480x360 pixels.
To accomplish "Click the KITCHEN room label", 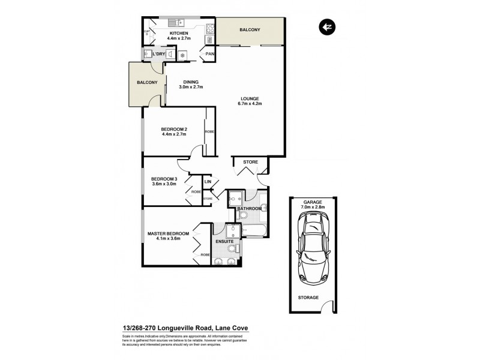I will (x=179, y=33).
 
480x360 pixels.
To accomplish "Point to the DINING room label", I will (x=191, y=82).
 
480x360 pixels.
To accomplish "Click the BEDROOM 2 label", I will (x=174, y=128).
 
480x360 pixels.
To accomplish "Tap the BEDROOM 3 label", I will (x=164, y=179).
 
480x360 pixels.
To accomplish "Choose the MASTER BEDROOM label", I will (x=169, y=233).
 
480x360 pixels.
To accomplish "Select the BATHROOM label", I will (x=250, y=208).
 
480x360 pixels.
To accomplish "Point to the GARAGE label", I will (x=313, y=203).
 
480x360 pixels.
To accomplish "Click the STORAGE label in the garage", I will (x=308, y=297).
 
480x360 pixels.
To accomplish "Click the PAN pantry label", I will (x=209, y=54).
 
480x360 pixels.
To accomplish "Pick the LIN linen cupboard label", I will (x=208, y=182).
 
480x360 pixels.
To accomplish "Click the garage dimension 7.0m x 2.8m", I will (x=313, y=208).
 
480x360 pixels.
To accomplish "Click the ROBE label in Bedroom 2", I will (x=209, y=131).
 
